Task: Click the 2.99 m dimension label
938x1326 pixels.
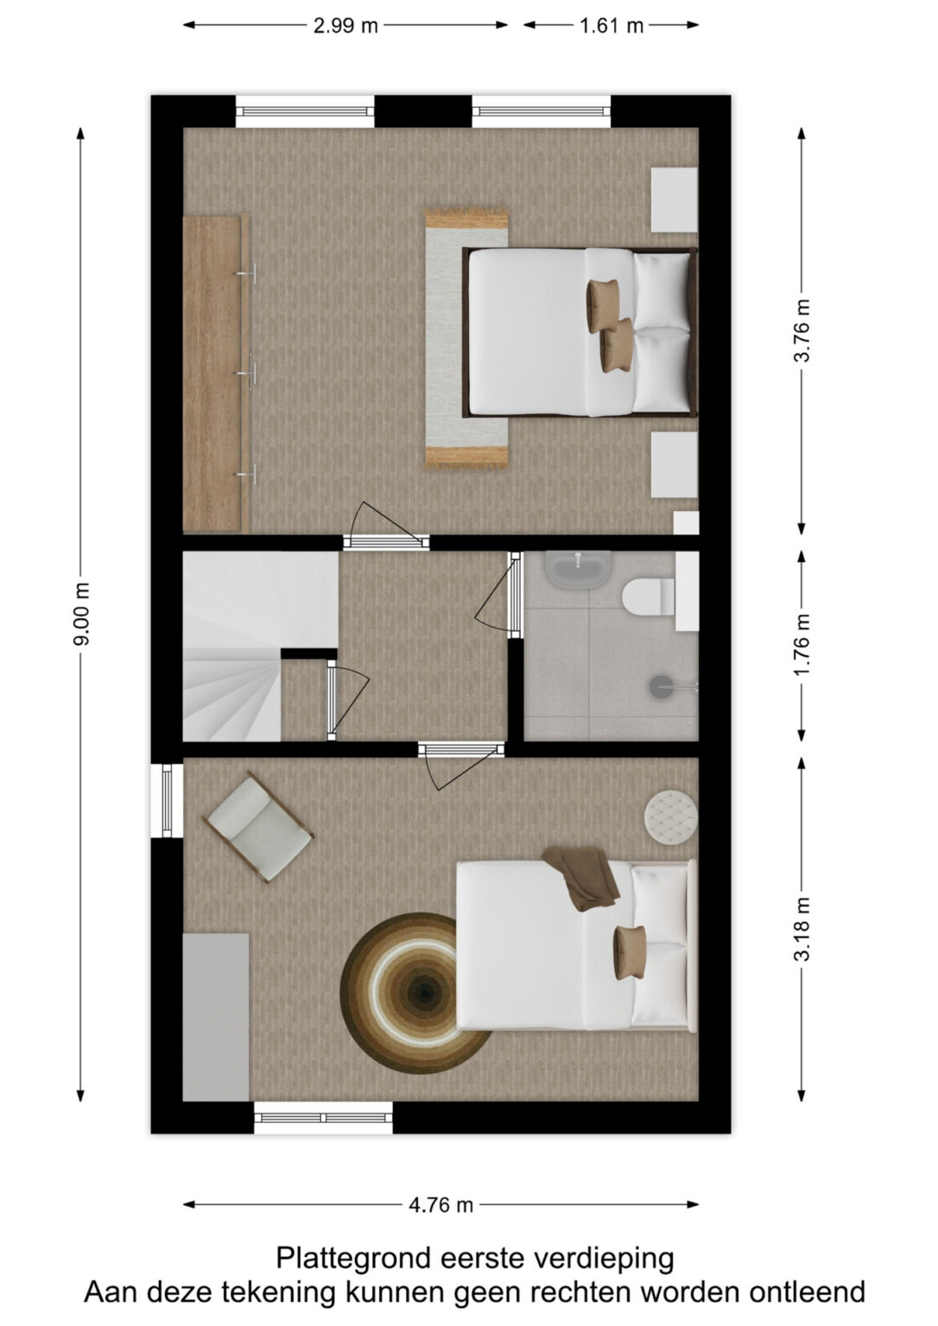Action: pos(345,26)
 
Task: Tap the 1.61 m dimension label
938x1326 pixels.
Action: pos(612,26)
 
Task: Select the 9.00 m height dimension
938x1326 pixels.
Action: pos(82,614)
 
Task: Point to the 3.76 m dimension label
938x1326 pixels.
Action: pos(802,330)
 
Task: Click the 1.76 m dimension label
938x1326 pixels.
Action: pos(802,645)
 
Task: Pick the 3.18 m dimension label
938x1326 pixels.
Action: pos(802,929)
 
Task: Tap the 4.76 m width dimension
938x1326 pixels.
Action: pos(440,1204)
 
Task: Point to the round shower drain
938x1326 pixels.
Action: pos(661,686)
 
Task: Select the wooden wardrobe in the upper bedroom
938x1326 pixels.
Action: pos(216,373)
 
